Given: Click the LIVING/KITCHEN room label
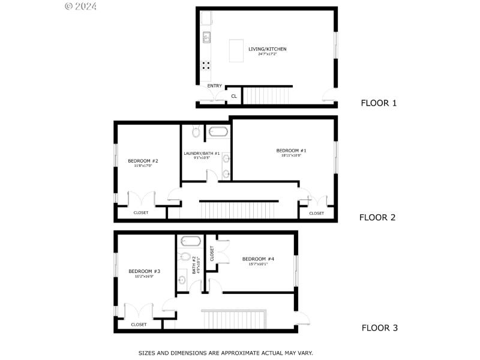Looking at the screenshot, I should point(267,49).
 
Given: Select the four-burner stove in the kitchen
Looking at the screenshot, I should point(206,66).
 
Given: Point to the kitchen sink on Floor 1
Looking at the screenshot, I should point(206,37).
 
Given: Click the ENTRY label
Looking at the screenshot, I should point(214,86).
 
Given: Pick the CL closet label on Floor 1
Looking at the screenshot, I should point(234,96).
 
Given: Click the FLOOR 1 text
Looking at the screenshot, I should point(379,103).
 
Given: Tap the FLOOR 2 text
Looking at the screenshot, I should point(377,217).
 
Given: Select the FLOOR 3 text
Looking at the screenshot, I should point(379,328).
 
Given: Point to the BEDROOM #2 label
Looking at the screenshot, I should point(143,161).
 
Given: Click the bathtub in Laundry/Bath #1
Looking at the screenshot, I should point(217,131).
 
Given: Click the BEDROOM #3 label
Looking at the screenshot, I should point(144,271).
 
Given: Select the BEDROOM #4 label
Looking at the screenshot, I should point(258,259).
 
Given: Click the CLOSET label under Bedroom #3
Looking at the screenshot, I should point(139,325).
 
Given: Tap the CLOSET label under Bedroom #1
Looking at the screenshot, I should point(316,213).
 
